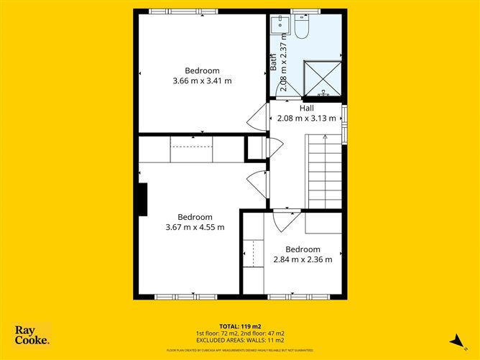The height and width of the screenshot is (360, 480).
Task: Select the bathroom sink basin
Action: [x=279, y=26]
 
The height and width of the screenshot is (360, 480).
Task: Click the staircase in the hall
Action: [x=324, y=172]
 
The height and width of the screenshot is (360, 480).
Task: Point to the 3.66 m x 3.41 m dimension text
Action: [x=202, y=81]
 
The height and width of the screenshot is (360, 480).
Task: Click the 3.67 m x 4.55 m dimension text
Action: [x=195, y=228]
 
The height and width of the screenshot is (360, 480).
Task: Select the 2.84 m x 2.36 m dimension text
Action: [x=303, y=260]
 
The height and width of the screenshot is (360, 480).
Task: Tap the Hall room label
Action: [x=307, y=109]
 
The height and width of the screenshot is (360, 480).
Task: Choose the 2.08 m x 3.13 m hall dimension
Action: [x=307, y=119]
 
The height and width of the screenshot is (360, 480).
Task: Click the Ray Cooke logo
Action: [x=32, y=335]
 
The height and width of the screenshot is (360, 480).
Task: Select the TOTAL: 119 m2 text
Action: [x=240, y=326]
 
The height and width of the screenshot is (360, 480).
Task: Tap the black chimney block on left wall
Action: [x=143, y=199]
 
